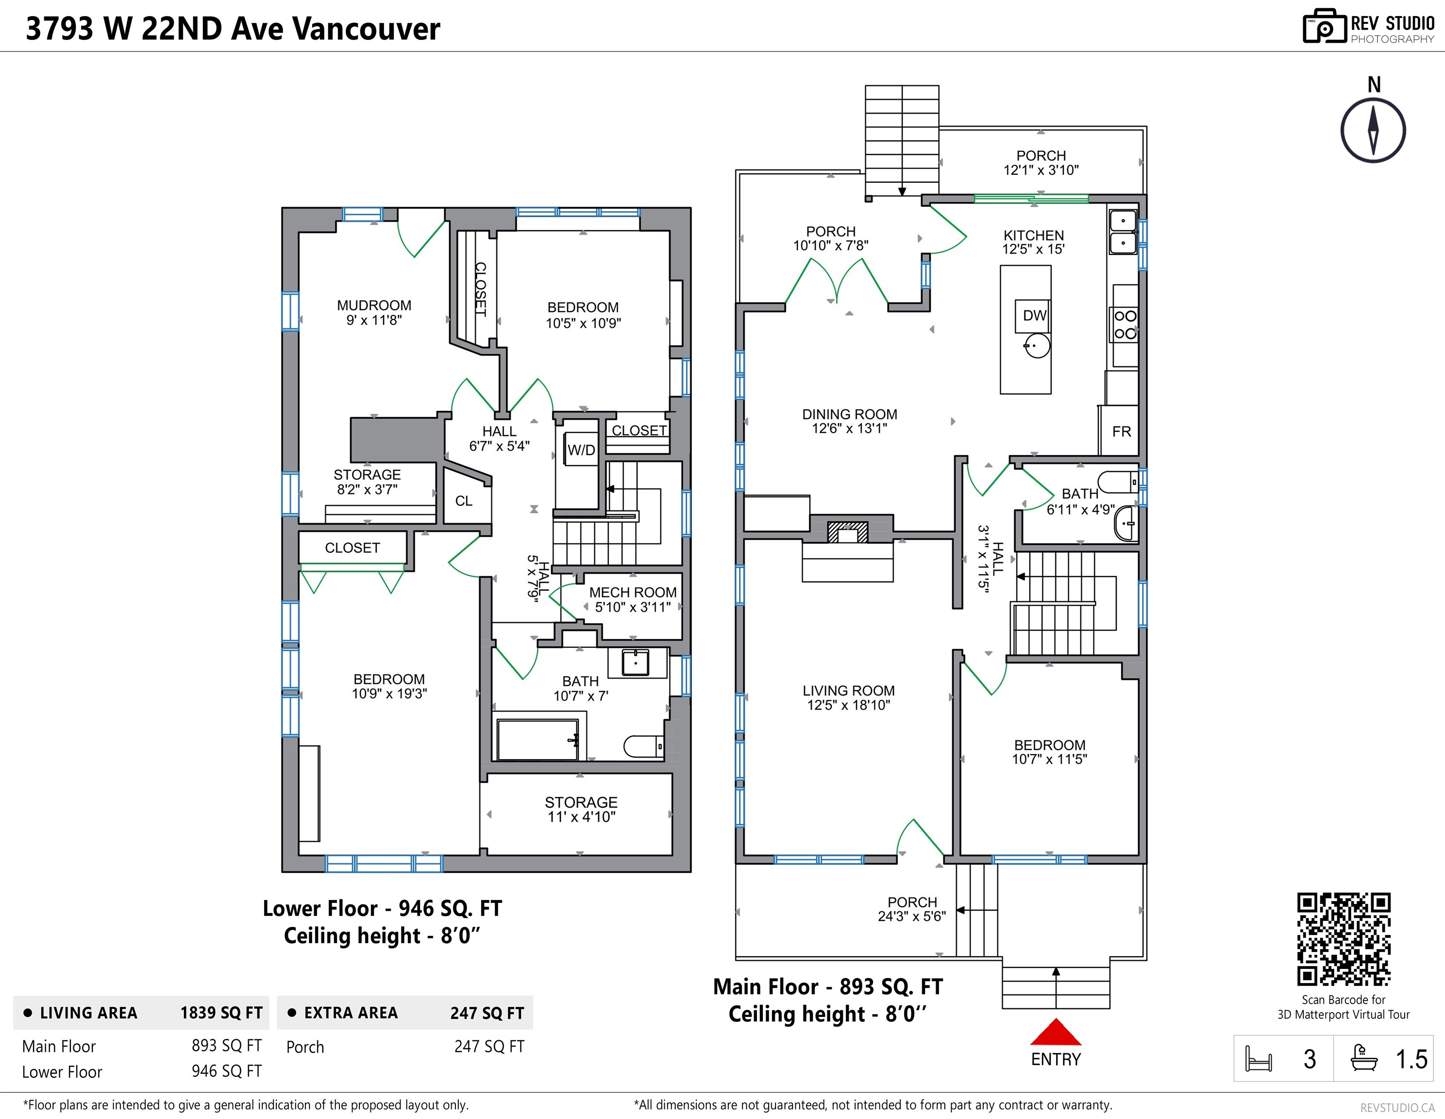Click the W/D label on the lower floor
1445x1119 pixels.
pos(581,450)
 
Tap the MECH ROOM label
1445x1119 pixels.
pos(633,592)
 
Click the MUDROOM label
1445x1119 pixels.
pos(374,305)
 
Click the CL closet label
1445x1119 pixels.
pos(464,501)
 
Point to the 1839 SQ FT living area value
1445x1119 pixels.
pos(221,1013)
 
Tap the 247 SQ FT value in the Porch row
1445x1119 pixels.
pos(489,1047)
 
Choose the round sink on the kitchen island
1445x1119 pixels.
pos(1037,345)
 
